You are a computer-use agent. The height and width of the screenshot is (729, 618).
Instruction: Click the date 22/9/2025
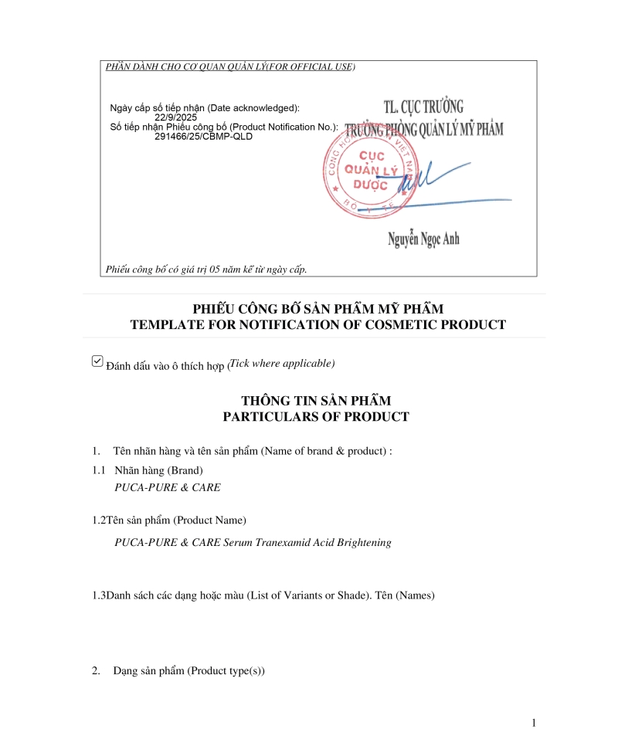[x=175, y=117]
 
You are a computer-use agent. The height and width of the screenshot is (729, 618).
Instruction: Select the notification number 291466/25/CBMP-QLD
[x=203, y=136]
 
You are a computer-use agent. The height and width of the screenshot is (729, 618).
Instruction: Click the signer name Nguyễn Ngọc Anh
[x=423, y=239]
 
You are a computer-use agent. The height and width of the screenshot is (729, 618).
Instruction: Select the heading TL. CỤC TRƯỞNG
[x=423, y=107]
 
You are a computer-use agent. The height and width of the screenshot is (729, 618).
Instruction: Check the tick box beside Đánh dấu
[x=97, y=361]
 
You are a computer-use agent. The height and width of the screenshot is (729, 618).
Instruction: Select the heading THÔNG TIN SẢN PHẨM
[x=316, y=401]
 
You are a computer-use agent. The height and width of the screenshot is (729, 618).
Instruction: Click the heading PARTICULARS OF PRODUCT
[x=316, y=416]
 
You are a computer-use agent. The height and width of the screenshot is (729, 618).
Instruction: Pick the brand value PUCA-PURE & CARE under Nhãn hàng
[x=168, y=487]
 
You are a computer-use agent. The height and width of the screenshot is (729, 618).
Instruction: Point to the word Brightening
[x=364, y=542]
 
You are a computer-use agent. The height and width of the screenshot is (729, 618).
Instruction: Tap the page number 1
[x=533, y=722]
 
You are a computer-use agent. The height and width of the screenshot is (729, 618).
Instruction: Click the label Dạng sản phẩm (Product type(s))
[x=188, y=671]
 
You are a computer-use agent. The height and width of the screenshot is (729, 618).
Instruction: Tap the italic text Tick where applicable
[x=282, y=363]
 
